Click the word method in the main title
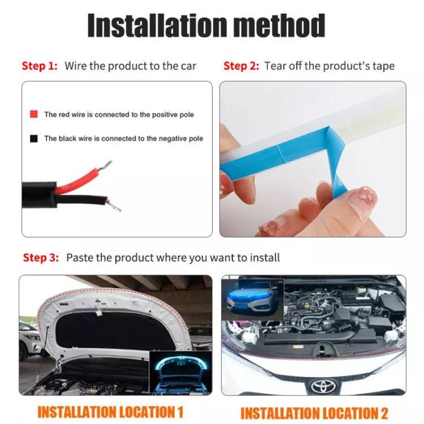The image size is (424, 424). pos(279,25)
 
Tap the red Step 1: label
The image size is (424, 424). pos(40,66)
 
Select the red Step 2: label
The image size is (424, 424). pos(241,66)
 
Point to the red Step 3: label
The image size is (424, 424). pos(41,258)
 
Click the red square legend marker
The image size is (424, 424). pos(34,114)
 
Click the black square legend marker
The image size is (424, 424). pos(34,138)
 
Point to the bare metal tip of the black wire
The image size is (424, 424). pos(114,205)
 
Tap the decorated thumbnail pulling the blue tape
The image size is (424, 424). pos(362,201)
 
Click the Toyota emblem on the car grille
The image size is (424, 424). pos(323,386)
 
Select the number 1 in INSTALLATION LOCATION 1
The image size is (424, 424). pos(180,412)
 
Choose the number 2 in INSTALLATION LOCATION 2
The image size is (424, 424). pos(384,414)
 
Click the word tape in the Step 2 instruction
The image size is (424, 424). pos(384,67)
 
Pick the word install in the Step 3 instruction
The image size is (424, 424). pos(264,258)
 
